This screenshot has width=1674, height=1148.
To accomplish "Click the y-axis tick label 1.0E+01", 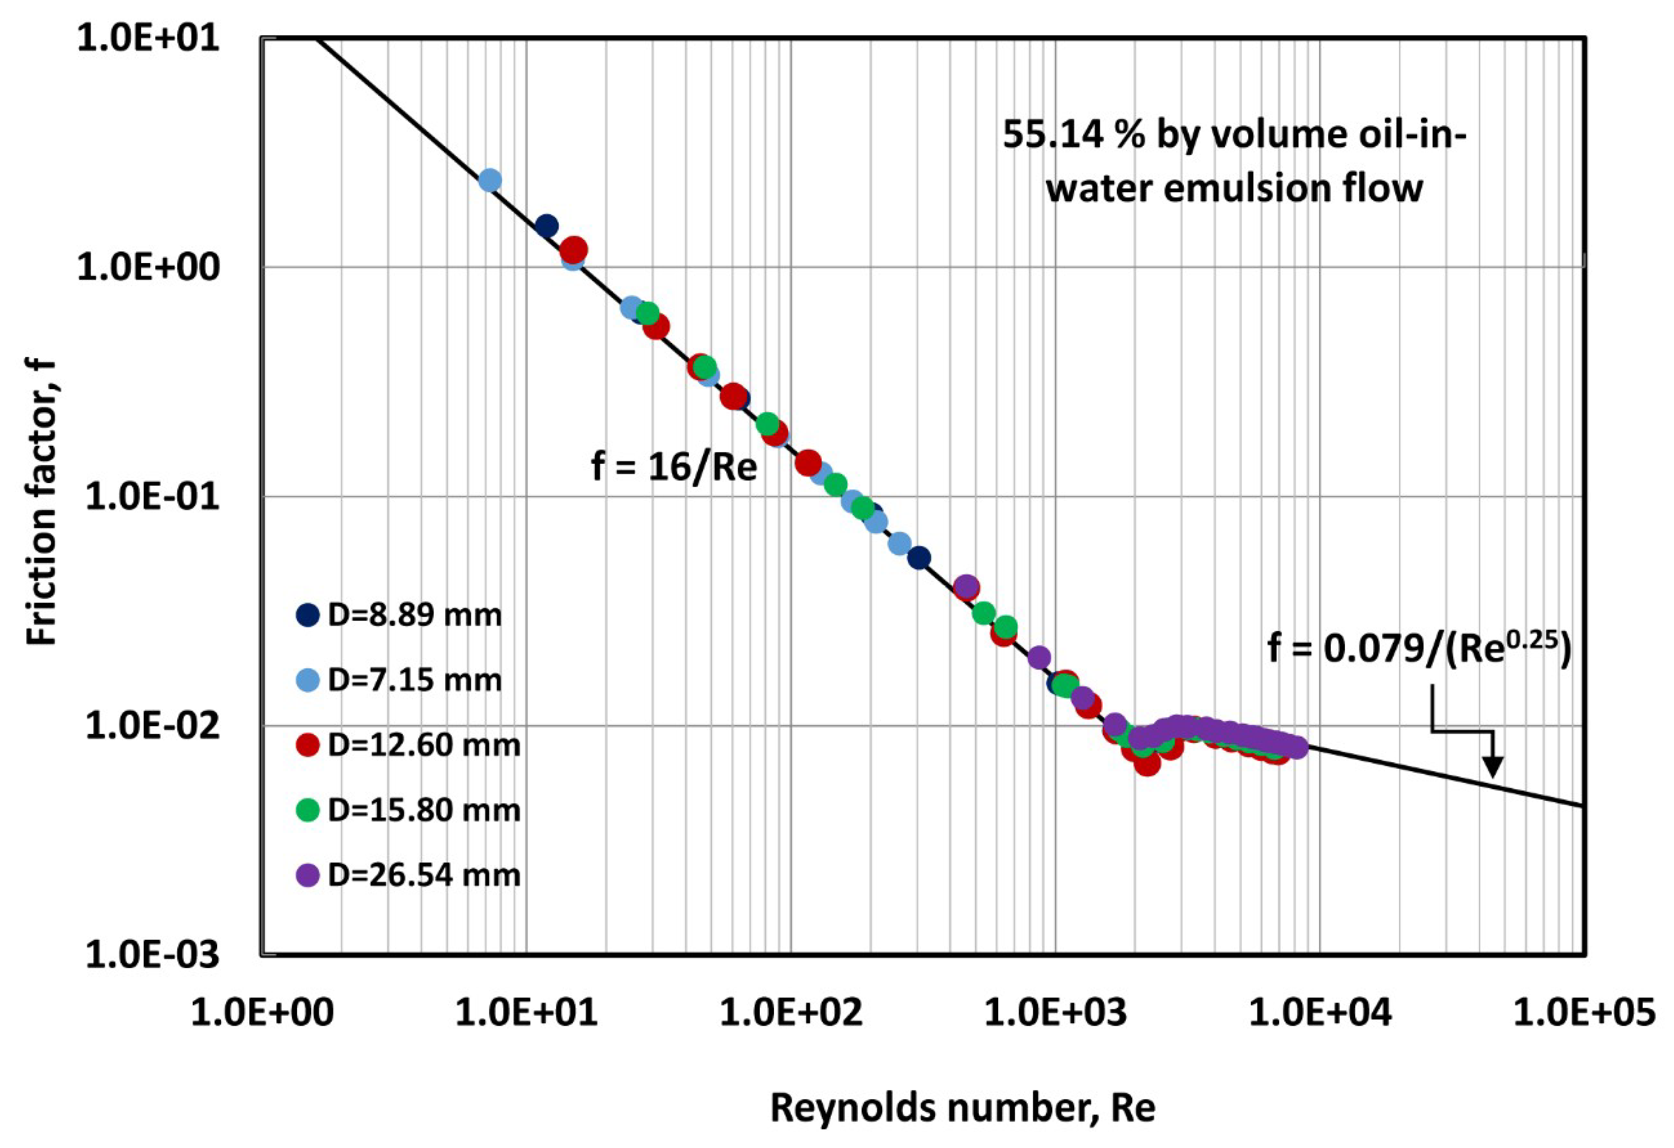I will coord(148,37).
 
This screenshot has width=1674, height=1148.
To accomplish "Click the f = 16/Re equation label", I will coord(674,468).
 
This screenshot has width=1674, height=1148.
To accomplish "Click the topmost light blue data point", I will coord(490,179).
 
